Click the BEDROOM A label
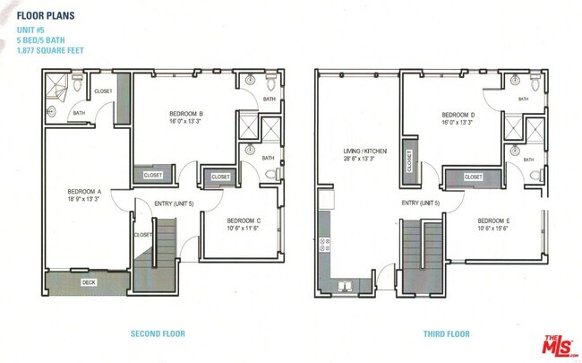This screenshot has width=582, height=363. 84,192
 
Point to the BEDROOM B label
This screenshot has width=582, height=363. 187,114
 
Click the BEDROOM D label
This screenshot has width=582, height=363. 458,116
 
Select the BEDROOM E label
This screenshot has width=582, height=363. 493,220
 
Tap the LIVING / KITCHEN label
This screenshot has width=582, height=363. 365,151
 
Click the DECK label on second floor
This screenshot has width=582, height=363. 89,282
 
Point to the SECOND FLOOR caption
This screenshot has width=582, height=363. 158,334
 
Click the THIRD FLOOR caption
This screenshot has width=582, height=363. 446,334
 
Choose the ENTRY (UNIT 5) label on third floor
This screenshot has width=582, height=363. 421,203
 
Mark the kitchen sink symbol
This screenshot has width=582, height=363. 345,287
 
